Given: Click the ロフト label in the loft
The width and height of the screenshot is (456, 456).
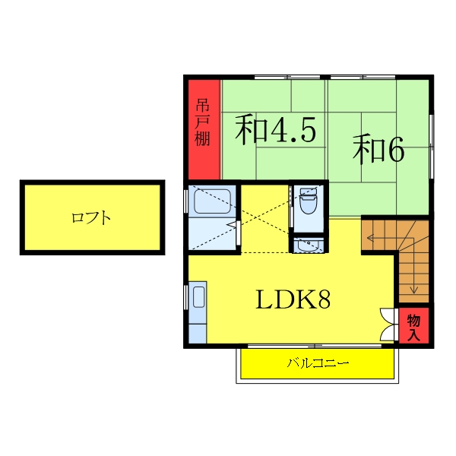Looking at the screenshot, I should tap(91, 218).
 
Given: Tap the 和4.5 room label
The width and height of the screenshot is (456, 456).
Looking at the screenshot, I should tap(274, 130).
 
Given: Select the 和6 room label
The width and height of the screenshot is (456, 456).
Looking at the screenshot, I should tap(378, 150).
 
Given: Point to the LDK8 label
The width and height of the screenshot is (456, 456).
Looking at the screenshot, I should tap(293, 300).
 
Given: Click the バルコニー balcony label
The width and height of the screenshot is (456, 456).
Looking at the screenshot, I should tap(318, 363).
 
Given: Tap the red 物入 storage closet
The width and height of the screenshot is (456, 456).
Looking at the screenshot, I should tap(413, 325).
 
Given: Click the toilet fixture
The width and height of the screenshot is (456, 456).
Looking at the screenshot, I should tap(309, 204).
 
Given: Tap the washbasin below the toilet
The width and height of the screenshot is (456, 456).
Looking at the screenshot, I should tap(309, 245).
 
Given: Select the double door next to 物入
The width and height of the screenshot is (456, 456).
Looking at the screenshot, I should tap(388, 325).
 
